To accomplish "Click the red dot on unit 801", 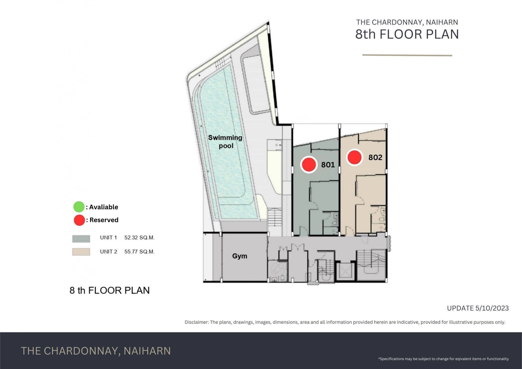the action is pyautogui.click(x=309, y=164).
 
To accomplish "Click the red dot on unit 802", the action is pyautogui.click(x=354, y=157).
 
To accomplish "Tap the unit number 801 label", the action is pyautogui.click(x=328, y=165).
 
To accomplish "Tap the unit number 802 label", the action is pyautogui.click(x=375, y=157).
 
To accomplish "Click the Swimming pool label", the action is pyautogui.click(x=225, y=142).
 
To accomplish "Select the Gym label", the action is pyautogui.click(x=240, y=256).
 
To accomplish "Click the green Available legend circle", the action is pyautogui.click(x=79, y=207).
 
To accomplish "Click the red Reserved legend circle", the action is pyautogui.click(x=79, y=220).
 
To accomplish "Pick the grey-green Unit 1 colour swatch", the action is pyautogui.click(x=81, y=239).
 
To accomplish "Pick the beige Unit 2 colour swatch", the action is pyautogui.click(x=81, y=252).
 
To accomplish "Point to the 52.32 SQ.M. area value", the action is pyautogui.click(x=139, y=238).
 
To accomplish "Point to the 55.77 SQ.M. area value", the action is pyautogui.click(x=139, y=252).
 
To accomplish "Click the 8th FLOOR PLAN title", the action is pyautogui.click(x=407, y=34).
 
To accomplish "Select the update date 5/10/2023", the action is pyautogui.click(x=492, y=308).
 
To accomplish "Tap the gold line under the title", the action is pyautogui.click(x=407, y=55).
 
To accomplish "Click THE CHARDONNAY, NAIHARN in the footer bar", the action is pyautogui.click(x=96, y=351).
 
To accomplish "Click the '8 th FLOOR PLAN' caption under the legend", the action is pyautogui.click(x=110, y=290).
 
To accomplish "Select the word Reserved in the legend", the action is pyautogui.click(x=104, y=220).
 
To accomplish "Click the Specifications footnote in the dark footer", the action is pyautogui.click(x=443, y=359).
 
